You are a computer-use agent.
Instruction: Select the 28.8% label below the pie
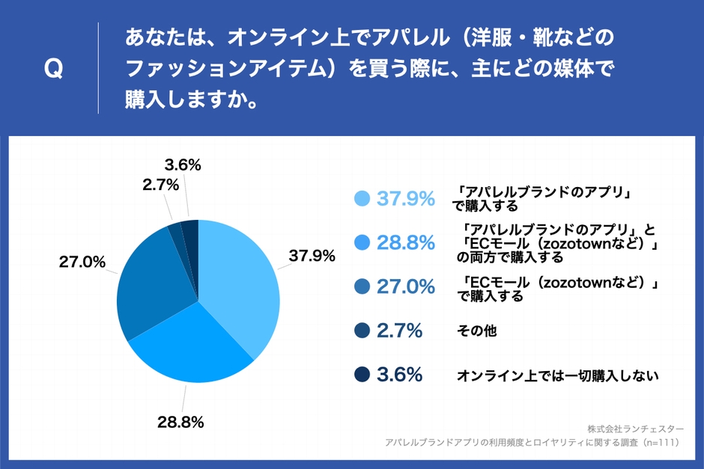pyautogui.click(x=180, y=421)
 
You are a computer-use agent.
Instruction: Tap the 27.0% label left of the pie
pyautogui.click(x=82, y=262)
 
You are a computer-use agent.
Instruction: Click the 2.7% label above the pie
pyautogui.click(x=160, y=183)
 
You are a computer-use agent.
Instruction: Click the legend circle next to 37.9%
pyautogui.click(x=362, y=198)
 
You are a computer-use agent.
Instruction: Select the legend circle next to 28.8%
pyautogui.click(x=362, y=242)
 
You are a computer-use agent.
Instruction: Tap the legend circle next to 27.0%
pyautogui.click(x=362, y=286)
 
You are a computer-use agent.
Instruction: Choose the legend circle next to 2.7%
pyautogui.click(x=362, y=330)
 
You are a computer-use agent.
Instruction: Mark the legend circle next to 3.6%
pyautogui.click(x=362, y=374)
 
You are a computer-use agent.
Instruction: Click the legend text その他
pyautogui.click(x=477, y=331)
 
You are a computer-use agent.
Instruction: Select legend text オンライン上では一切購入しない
pyautogui.click(x=557, y=375)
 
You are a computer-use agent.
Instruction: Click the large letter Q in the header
pyautogui.click(x=54, y=70)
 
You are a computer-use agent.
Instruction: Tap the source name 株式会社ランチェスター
pyautogui.click(x=635, y=429)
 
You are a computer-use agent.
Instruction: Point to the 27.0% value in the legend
pyautogui.click(x=405, y=286)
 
